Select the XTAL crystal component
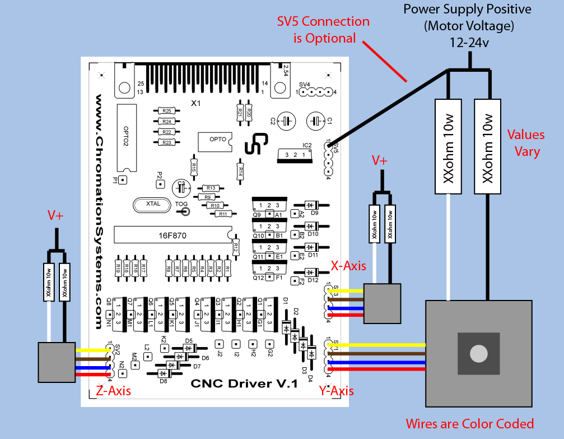[x=153, y=204]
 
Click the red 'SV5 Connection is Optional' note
[x=324, y=30]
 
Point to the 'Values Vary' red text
[x=526, y=143]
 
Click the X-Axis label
[x=348, y=265]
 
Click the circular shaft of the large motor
[x=478, y=354]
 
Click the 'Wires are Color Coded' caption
[x=469, y=423]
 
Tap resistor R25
[x=166, y=111]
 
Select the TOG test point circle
[x=183, y=212]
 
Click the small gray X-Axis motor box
[x=382, y=303]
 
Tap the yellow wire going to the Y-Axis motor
[x=381, y=344]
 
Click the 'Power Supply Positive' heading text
[x=468, y=10]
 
